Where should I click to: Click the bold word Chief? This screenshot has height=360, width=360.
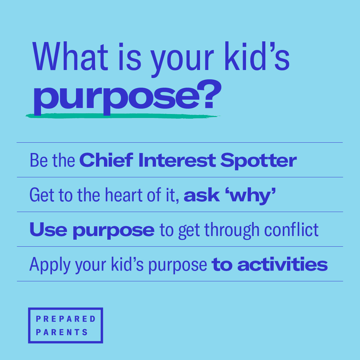[106, 160]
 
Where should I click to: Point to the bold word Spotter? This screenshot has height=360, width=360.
[258, 161]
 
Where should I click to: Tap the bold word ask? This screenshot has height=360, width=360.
[202, 196]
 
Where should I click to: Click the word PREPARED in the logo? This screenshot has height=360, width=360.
[66, 319]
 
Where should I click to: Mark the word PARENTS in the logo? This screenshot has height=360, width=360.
[62, 332]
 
